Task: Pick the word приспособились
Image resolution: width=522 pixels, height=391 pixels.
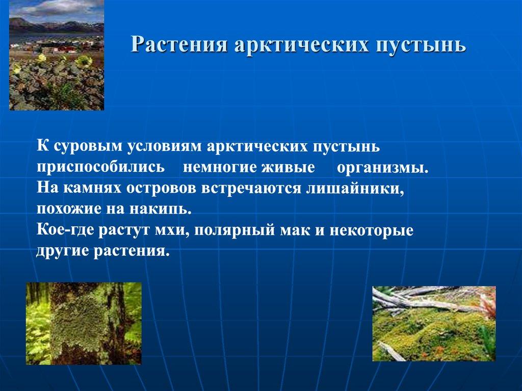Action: pos(100,167)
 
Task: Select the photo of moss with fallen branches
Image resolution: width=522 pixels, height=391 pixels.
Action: pos(434,324)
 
